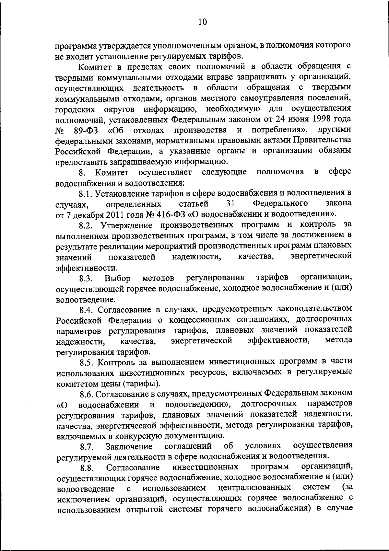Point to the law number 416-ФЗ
tap(168, 215)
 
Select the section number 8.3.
tap(87, 278)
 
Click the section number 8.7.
tap(87, 447)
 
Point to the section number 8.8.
tap(87, 467)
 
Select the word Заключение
tap(129, 447)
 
